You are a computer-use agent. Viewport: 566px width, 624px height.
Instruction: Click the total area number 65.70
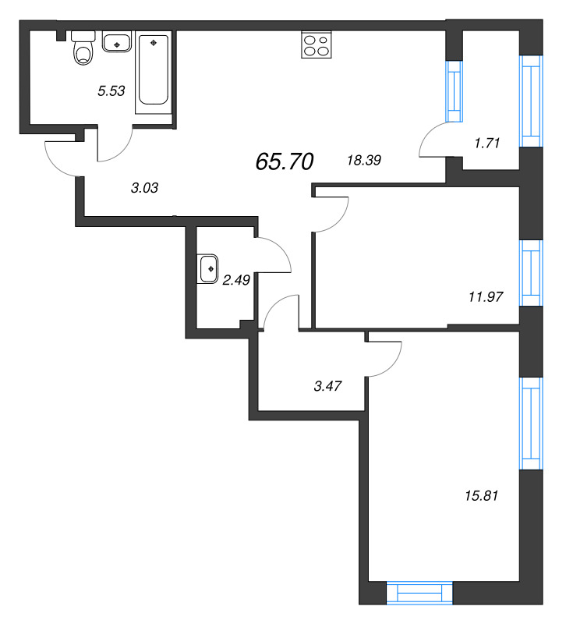pos(284,161)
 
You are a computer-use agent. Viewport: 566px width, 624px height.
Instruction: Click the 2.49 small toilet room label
pos(235,281)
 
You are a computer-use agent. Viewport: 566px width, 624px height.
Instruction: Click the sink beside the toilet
pos(116,44)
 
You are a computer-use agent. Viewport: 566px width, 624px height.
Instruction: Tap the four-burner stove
pos(315,44)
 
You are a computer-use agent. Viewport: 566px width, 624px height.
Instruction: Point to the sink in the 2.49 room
pos(210,268)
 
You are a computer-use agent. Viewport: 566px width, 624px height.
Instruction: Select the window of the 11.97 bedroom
pos(530,273)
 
